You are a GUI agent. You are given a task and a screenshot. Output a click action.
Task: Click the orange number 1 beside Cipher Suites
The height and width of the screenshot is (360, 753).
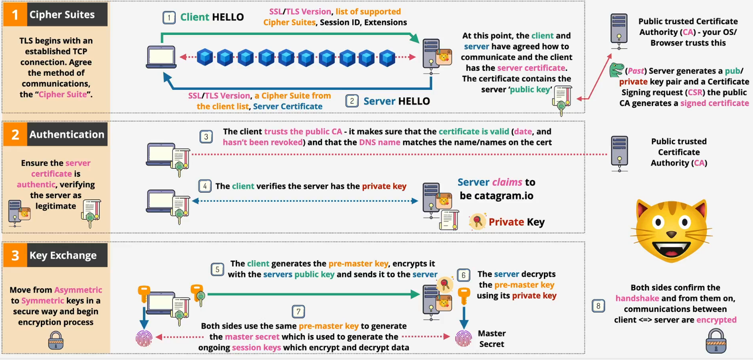[15, 14]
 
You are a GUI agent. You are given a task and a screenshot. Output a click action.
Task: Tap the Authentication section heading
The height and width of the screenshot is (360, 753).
[67, 134]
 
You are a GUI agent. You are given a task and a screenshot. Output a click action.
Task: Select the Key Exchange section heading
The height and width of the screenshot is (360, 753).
[63, 255]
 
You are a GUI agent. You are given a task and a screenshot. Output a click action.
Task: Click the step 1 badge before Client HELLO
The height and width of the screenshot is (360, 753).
[169, 17]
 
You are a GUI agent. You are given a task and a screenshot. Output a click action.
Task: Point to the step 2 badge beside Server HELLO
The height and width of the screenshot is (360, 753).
[352, 101]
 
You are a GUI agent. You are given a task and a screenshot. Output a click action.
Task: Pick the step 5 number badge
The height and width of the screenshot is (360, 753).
[218, 269]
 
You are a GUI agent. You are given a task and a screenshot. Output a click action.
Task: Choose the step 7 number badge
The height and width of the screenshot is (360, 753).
[298, 312]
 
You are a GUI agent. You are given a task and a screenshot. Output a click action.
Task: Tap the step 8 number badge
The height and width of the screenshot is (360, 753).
[598, 306]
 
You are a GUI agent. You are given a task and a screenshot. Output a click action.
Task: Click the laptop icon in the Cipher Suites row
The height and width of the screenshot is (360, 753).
[161, 57]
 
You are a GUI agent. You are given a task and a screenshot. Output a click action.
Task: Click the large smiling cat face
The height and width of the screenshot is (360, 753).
[671, 231]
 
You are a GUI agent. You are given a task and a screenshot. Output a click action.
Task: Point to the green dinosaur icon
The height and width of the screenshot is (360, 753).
[616, 69]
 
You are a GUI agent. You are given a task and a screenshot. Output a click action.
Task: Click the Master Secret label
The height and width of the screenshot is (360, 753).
[492, 339]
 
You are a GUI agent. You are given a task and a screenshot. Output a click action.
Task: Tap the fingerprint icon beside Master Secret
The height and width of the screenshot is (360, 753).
[464, 339]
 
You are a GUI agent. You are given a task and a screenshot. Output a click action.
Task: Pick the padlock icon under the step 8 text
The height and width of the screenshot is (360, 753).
[716, 341]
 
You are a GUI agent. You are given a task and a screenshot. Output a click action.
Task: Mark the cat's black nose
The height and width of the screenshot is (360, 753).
[671, 234]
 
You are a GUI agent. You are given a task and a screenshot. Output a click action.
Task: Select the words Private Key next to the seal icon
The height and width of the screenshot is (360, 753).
[516, 222]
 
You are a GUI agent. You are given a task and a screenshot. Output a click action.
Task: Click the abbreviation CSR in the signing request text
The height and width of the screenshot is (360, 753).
[695, 92]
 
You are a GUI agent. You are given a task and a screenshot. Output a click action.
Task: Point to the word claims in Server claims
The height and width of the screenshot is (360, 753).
[507, 182]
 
